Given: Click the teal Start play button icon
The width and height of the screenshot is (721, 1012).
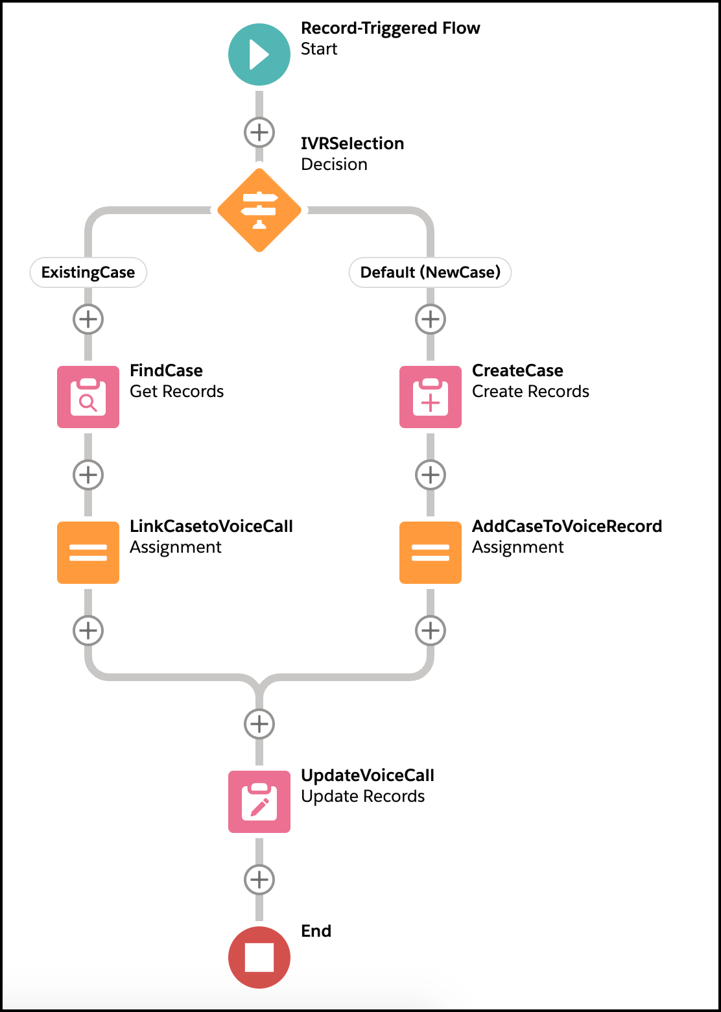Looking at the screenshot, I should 259,54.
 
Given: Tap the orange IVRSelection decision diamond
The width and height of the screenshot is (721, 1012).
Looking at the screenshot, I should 259,210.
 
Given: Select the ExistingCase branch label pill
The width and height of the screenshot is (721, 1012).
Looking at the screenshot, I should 88,272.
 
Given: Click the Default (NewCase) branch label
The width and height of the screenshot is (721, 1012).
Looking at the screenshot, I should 431,272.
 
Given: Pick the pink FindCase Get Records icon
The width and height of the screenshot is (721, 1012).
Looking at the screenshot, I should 88,397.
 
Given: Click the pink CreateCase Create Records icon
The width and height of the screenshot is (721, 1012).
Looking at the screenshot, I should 431,397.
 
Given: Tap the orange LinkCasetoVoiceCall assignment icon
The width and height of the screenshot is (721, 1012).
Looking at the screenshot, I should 88,553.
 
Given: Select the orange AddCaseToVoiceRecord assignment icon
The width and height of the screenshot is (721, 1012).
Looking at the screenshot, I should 431,553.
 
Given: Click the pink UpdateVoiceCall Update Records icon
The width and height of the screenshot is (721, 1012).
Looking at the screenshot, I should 259,802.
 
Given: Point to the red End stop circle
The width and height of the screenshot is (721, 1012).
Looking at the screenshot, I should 259,958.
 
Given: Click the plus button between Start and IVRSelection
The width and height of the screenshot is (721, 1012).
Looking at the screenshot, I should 259,132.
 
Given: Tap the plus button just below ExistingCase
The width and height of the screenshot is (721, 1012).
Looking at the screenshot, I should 88,319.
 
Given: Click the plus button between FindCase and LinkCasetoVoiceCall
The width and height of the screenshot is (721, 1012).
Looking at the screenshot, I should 88,475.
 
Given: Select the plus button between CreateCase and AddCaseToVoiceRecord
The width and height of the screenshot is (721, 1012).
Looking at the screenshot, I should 431,475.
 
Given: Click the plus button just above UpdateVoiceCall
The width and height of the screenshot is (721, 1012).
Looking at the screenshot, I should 259,724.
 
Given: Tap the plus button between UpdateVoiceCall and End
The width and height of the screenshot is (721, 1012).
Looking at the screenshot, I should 259,880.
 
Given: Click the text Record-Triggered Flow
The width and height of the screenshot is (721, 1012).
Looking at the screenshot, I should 390,29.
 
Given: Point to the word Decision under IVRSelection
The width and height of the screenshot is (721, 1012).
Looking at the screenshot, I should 334,164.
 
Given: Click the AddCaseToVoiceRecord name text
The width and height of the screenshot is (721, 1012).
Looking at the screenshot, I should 567,526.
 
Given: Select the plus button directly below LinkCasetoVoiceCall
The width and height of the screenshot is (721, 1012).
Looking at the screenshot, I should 88,631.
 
